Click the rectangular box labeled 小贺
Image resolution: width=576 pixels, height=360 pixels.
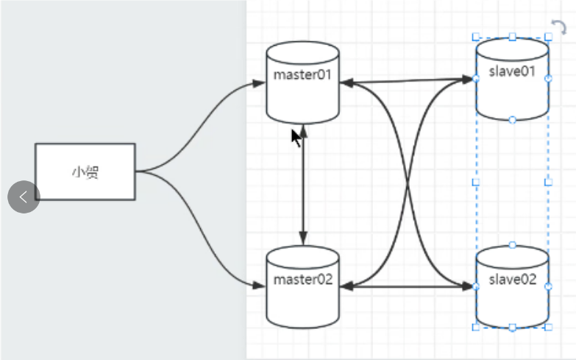[85, 172]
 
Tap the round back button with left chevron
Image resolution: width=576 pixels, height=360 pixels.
[24, 197]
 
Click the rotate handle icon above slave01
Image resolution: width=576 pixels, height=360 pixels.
[559, 28]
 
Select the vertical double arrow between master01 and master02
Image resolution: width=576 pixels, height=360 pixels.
[303, 184]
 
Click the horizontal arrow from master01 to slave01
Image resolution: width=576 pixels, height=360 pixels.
[405, 80]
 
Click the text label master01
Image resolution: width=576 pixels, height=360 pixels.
[302, 75]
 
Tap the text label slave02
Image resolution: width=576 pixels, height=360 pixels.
[512, 279]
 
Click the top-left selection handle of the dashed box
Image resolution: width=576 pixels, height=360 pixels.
[476, 36]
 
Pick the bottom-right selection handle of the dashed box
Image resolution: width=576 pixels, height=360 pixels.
[548, 326]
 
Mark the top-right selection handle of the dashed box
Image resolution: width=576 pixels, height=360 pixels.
[548, 36]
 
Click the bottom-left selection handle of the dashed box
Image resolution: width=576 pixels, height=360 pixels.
[476, 326]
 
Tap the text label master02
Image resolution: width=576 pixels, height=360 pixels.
[302, 280]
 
